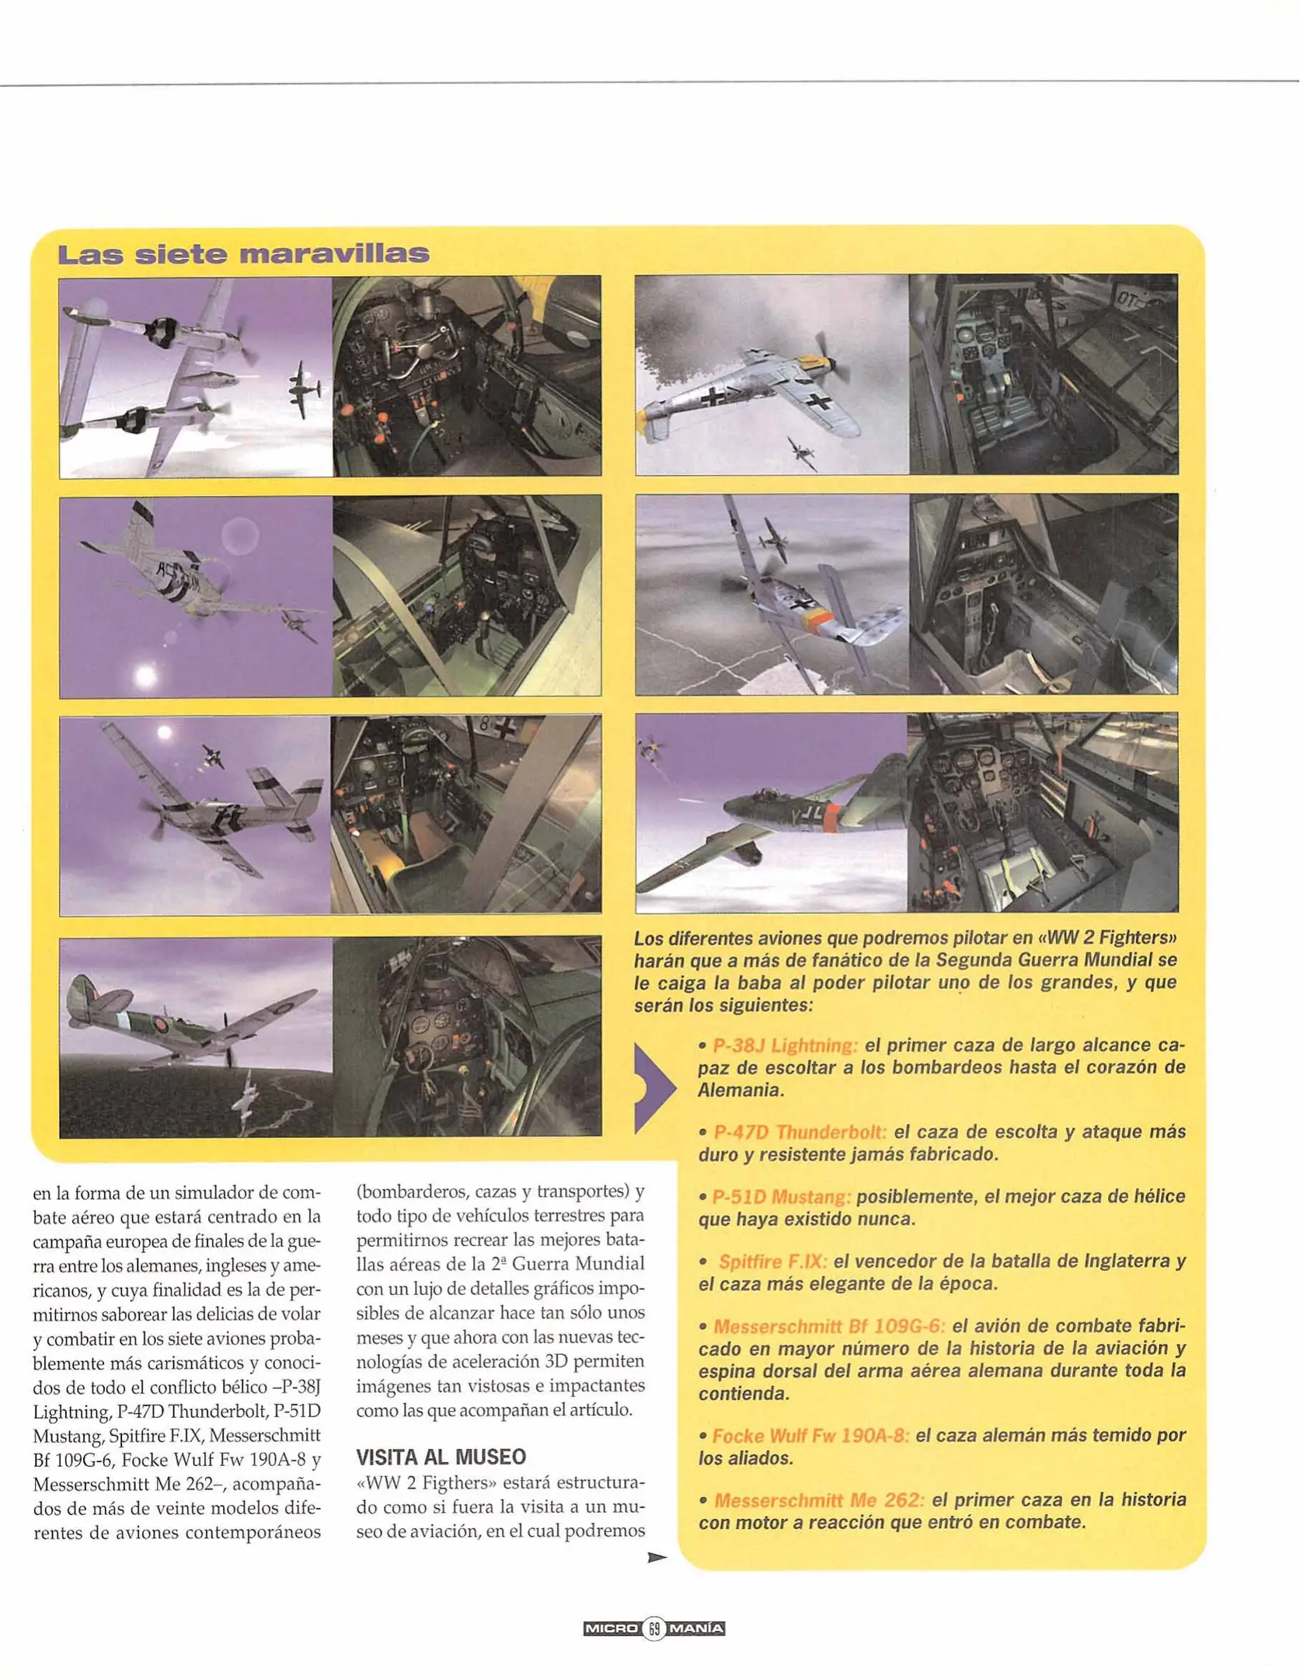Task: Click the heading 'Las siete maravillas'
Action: click(x=243, y=254)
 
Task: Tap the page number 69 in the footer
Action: click(x=654, y=1628)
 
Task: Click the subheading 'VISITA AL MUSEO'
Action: click(x=441, y=1456)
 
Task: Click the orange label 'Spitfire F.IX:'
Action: click(x=772, y=1261)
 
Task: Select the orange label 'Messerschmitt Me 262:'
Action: click(x=819, y=1499)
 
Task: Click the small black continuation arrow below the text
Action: click(x=657, y=1557)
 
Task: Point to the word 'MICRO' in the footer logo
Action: click(x=611, y=1628)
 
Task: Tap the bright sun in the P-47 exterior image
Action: click(x=145, y=675)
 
